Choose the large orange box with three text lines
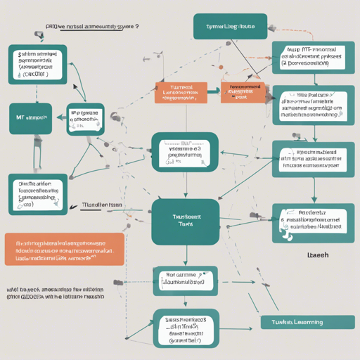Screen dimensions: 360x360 (64, 250)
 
